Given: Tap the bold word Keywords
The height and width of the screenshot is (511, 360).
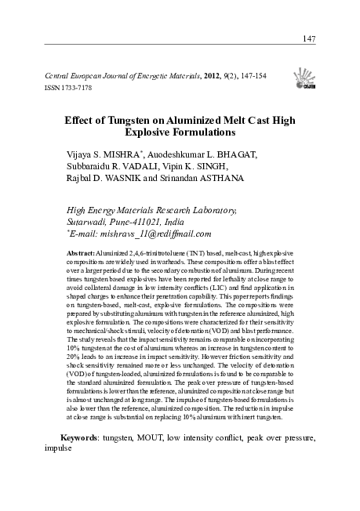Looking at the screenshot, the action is coord(85,436).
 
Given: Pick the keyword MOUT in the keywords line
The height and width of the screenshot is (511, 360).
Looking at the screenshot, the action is coord(162,436).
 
